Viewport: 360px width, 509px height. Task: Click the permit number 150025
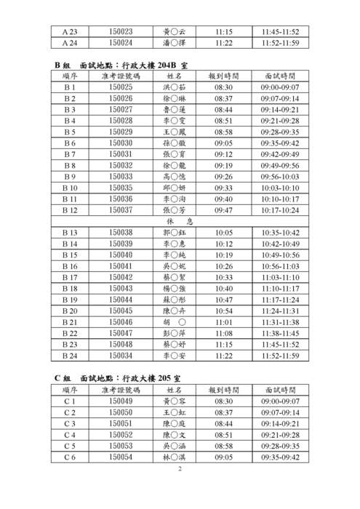click(x=120, y=87)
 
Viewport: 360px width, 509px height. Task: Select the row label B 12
click(x=70, y=209)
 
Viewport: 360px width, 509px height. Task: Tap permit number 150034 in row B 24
click(x=120, y=356)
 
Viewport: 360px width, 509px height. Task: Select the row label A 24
click(x=70, y=44)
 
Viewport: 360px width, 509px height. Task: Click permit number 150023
click(x=120, y=32)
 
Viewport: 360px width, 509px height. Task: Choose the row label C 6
click(x=70, y=457)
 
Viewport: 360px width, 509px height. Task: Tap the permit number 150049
click(x=120, y=401)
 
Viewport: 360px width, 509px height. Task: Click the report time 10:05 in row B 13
click(x=224, y=233)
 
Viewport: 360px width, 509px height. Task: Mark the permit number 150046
click(x=120, y=321)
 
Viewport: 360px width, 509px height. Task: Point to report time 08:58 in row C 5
click(x=224, y=446)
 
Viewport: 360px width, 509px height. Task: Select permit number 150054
click(x=120, y=457)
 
